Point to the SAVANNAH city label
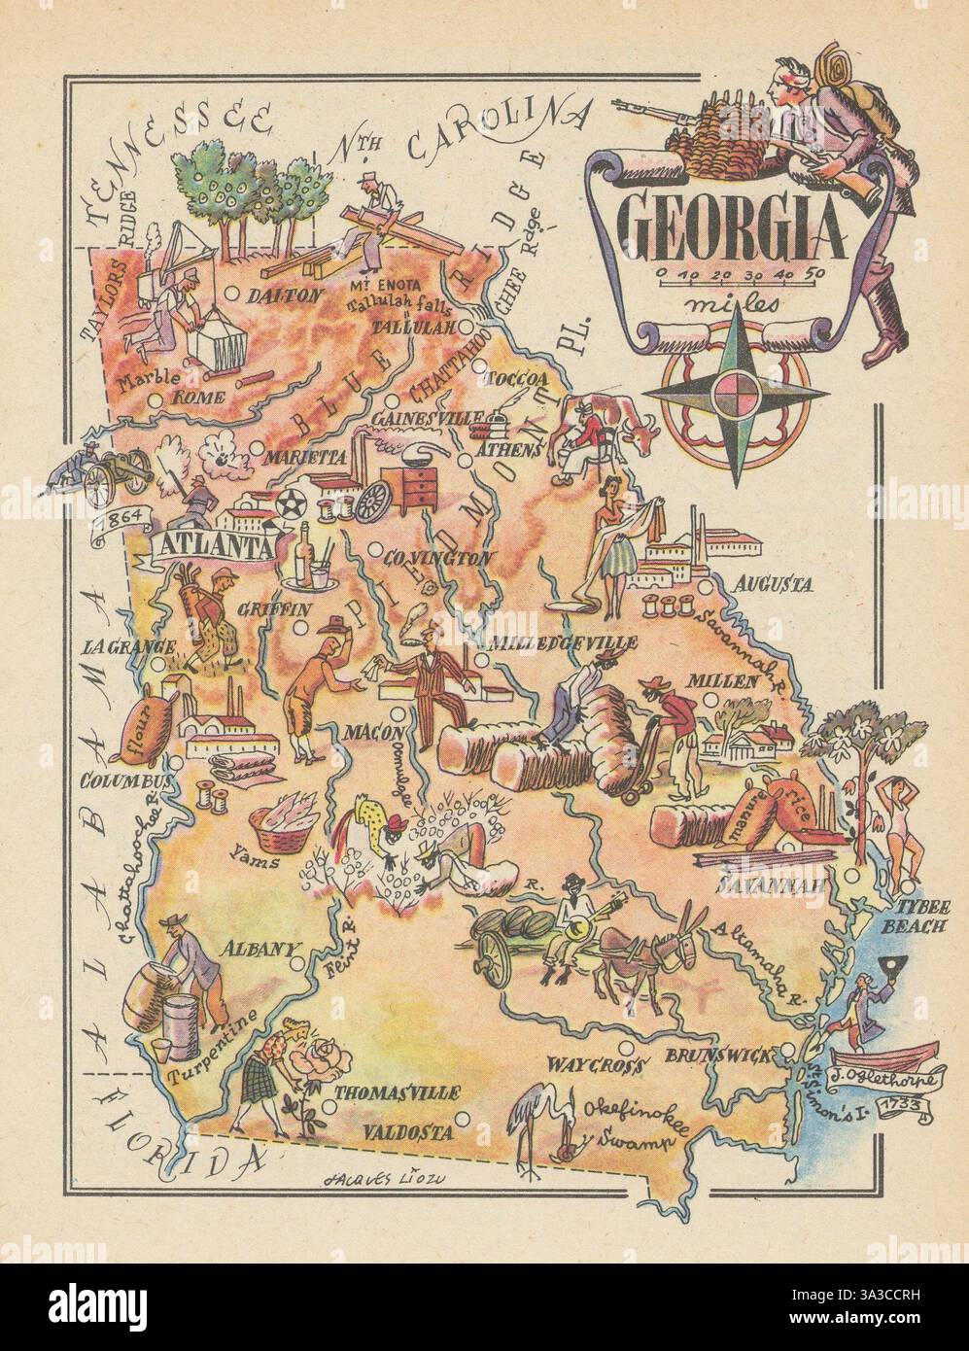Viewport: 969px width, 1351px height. pyautogui.click(x=773, y=885)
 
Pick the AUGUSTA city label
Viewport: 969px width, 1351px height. pyautogui.click(x=774, y=585)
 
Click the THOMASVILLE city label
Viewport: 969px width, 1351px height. pyautogui.click(x=397, y=1093)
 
